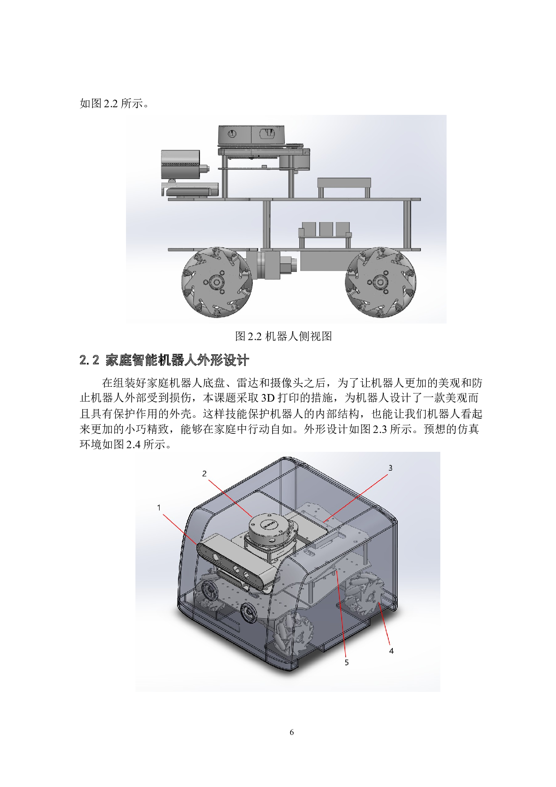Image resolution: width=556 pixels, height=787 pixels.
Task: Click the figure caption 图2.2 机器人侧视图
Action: click(283, 336)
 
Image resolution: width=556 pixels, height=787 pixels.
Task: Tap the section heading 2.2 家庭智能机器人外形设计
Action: click(164, 360)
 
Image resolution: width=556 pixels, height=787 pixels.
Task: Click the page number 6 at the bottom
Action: click(292, 732)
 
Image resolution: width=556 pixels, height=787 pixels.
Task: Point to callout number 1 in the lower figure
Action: click(159, 507)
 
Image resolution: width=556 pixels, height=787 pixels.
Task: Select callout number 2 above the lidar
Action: click(204, 473)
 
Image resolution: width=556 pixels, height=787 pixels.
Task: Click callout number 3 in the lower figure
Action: click(390, 468)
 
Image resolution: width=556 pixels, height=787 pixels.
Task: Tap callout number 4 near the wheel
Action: click(391, 651)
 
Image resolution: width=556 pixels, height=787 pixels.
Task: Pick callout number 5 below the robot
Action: click(347, 662)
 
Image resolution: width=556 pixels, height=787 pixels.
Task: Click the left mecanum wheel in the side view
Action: click(217, 282)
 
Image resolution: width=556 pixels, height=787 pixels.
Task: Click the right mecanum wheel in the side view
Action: click(381, 282)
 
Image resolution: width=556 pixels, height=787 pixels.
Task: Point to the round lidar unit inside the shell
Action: click(267, 529)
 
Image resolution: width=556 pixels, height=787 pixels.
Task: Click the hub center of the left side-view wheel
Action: click(217, 282)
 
